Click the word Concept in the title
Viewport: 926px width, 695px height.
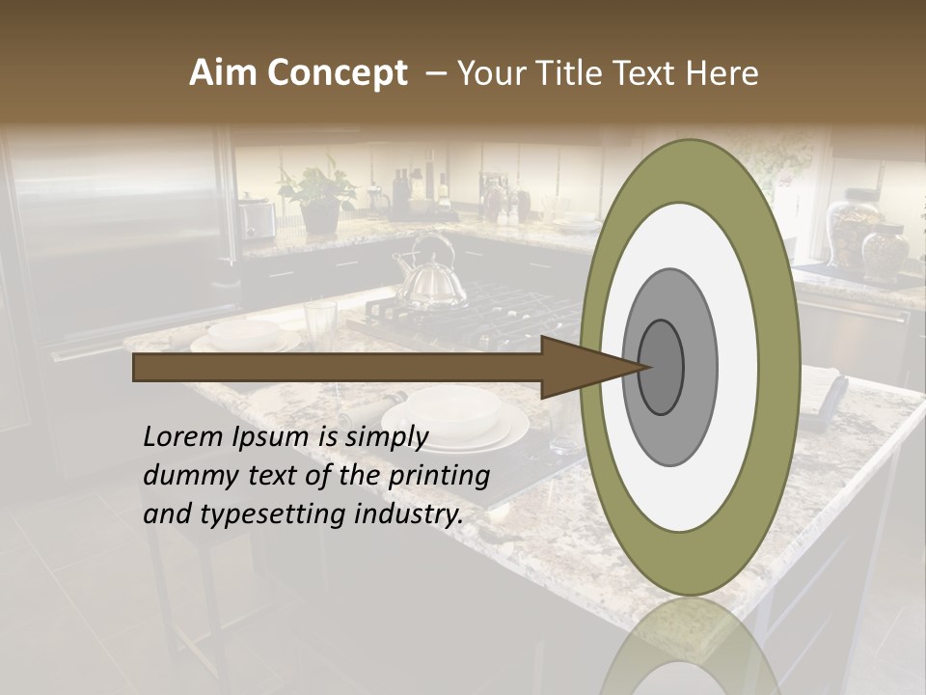(338, 73)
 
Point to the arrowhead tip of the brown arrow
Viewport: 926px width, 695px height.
(644, 367)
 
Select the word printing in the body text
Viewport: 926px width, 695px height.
(439, 475)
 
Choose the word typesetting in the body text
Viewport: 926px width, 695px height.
(273, 514)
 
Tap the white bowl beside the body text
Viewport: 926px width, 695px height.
(453, 411)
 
